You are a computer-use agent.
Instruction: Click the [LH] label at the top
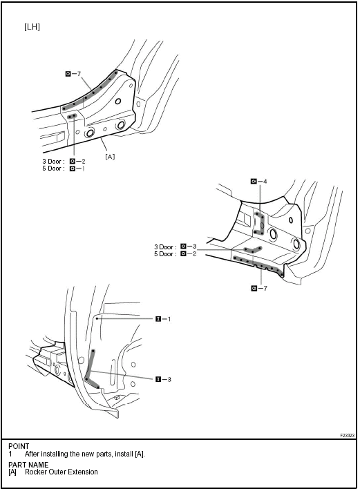point(32,27)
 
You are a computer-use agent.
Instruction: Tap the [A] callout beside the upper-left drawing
point(110,156)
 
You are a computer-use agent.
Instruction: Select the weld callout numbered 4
point(259,182)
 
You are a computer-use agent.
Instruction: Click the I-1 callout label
point(163,319)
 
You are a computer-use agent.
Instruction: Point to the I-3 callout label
point(163,380)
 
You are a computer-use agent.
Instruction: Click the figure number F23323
point(347,435)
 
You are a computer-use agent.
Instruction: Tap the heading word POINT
point(19,446)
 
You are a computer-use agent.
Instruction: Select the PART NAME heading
point(28,465)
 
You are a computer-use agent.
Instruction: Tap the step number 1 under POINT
point(10,454)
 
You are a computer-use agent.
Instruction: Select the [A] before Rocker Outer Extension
point(12,472)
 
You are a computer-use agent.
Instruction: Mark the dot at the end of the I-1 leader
point(97,318)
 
